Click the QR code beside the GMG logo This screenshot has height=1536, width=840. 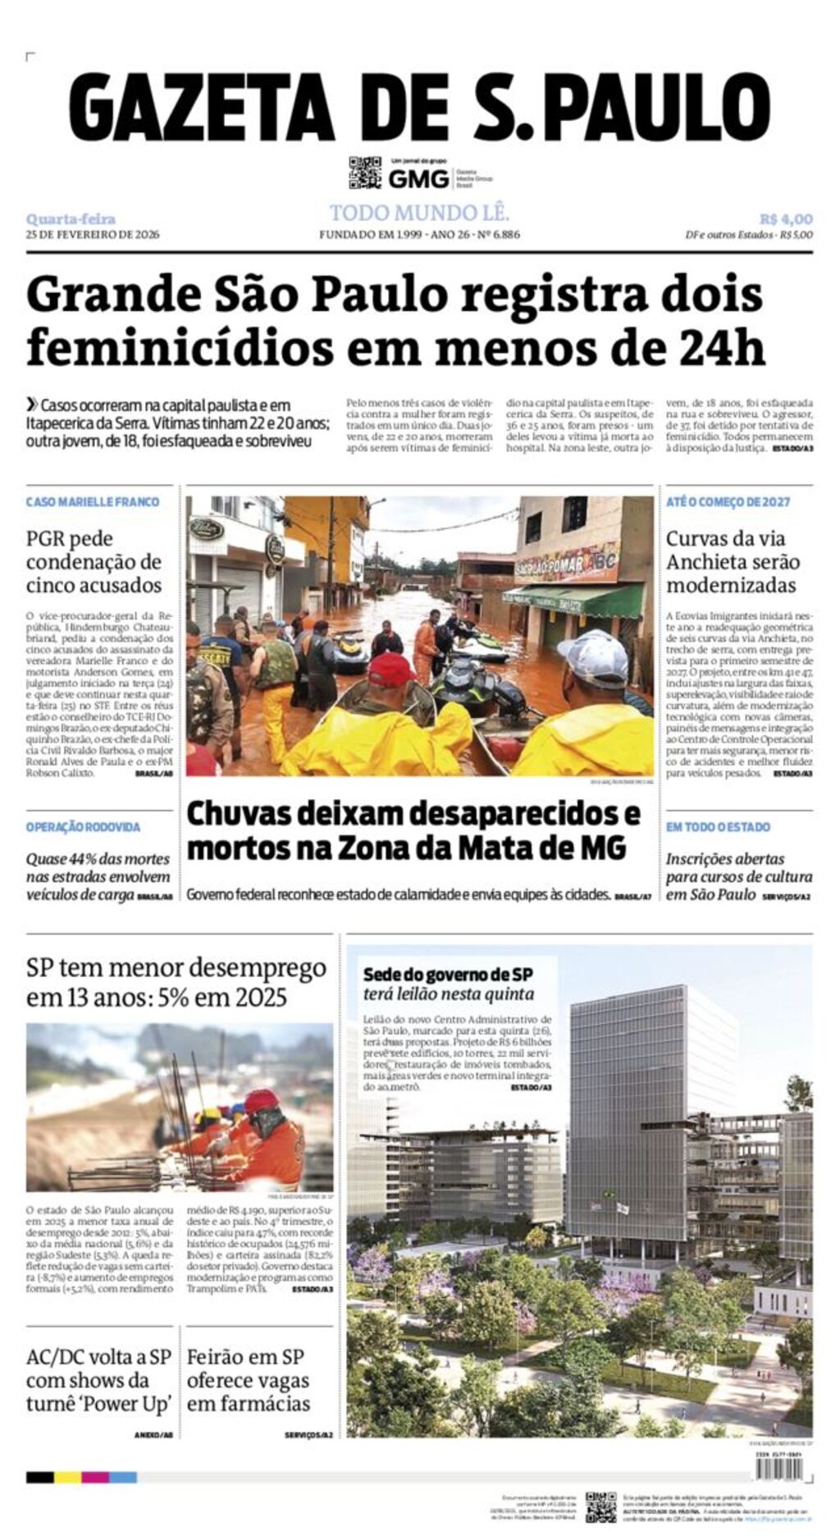coord(365,172)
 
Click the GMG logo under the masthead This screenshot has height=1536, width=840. coord(418,178)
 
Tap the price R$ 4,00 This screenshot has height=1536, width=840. coord(785,219)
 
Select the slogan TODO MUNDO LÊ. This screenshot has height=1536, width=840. coord(419,213)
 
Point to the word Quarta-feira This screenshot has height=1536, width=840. coord(71,219)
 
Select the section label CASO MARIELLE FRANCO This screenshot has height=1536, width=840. coord(93,501)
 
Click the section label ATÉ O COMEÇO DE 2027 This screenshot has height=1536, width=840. coord(728,501)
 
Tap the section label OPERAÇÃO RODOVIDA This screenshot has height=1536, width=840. coord(83,827)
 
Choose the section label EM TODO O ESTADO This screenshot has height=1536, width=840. coord(718,827)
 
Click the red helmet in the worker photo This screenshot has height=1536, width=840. coord(261,1100)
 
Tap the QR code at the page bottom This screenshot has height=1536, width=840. coord(600,1506)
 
